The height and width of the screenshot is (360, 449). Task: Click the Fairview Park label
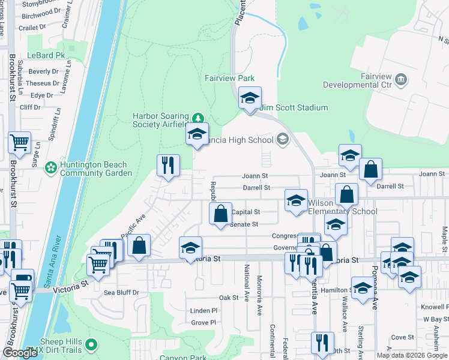[229, 78]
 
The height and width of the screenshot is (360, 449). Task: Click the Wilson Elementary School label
[343, 207]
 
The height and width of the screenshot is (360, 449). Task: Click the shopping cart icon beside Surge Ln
[20, 142]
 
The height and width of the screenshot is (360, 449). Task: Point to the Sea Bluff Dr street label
[122, 293]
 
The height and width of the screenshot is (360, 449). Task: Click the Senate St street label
[245, 224]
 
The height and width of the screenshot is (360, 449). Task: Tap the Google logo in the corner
[20, 353]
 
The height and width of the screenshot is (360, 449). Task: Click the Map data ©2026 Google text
[411, 355]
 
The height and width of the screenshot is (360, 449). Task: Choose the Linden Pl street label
[203, 310]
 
